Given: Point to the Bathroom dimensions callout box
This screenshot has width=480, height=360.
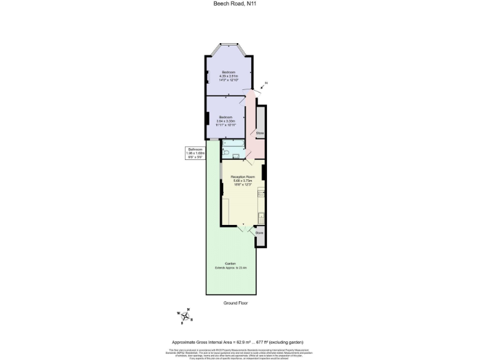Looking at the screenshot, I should (199, 152).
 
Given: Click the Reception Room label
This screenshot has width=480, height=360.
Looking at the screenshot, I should (242, 177).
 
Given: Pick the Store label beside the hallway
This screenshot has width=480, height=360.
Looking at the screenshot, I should (260, 133).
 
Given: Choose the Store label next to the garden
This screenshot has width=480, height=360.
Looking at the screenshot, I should (259, 232).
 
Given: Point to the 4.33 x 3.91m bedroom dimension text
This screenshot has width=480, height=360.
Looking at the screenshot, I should (228, 76).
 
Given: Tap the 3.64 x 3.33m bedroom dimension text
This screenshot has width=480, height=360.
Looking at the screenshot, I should (225, 121).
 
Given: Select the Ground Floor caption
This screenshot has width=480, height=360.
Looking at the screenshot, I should (236, 302).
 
